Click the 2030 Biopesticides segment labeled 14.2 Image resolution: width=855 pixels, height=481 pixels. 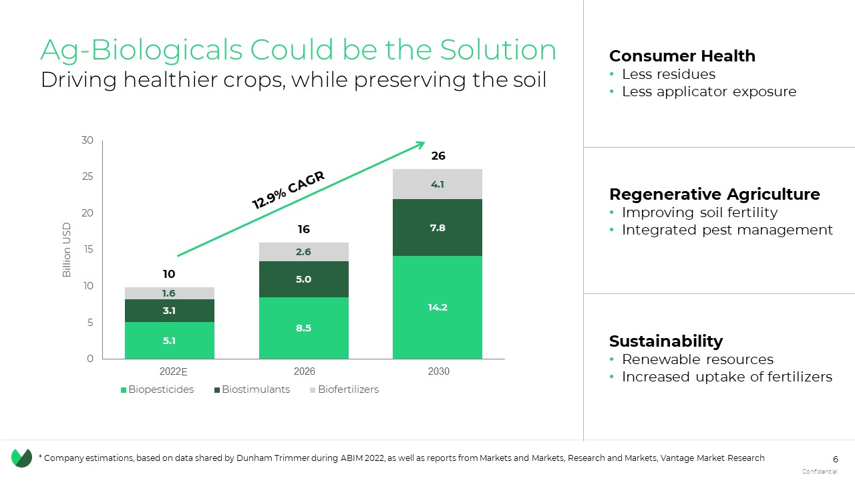pos(438,307)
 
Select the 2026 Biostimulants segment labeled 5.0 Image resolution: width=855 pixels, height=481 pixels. pos(304,279)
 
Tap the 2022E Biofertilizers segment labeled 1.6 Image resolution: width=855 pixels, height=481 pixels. pos(169,293)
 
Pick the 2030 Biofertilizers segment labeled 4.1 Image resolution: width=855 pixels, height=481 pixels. pos(438,184)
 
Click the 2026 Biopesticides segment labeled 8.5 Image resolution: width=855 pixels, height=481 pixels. pos(304,328)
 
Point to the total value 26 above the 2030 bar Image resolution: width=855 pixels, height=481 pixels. pos(438,156)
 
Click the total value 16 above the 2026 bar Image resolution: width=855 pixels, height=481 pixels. pos(304,229)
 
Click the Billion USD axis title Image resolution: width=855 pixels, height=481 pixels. pos(67,250)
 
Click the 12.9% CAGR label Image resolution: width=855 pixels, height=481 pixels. pos(288,190)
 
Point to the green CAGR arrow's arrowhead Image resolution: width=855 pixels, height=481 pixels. pos(421,144)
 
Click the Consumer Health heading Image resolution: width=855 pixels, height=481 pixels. pos(682,56)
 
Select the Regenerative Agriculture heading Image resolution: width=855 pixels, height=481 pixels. pos(714,194)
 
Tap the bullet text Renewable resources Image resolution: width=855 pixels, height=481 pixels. pos(697,359)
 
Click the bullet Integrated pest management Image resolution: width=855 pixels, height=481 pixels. pos(727,230)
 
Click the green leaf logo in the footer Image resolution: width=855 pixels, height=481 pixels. pos(21,458)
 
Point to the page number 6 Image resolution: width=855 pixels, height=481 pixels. pos(835,459)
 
